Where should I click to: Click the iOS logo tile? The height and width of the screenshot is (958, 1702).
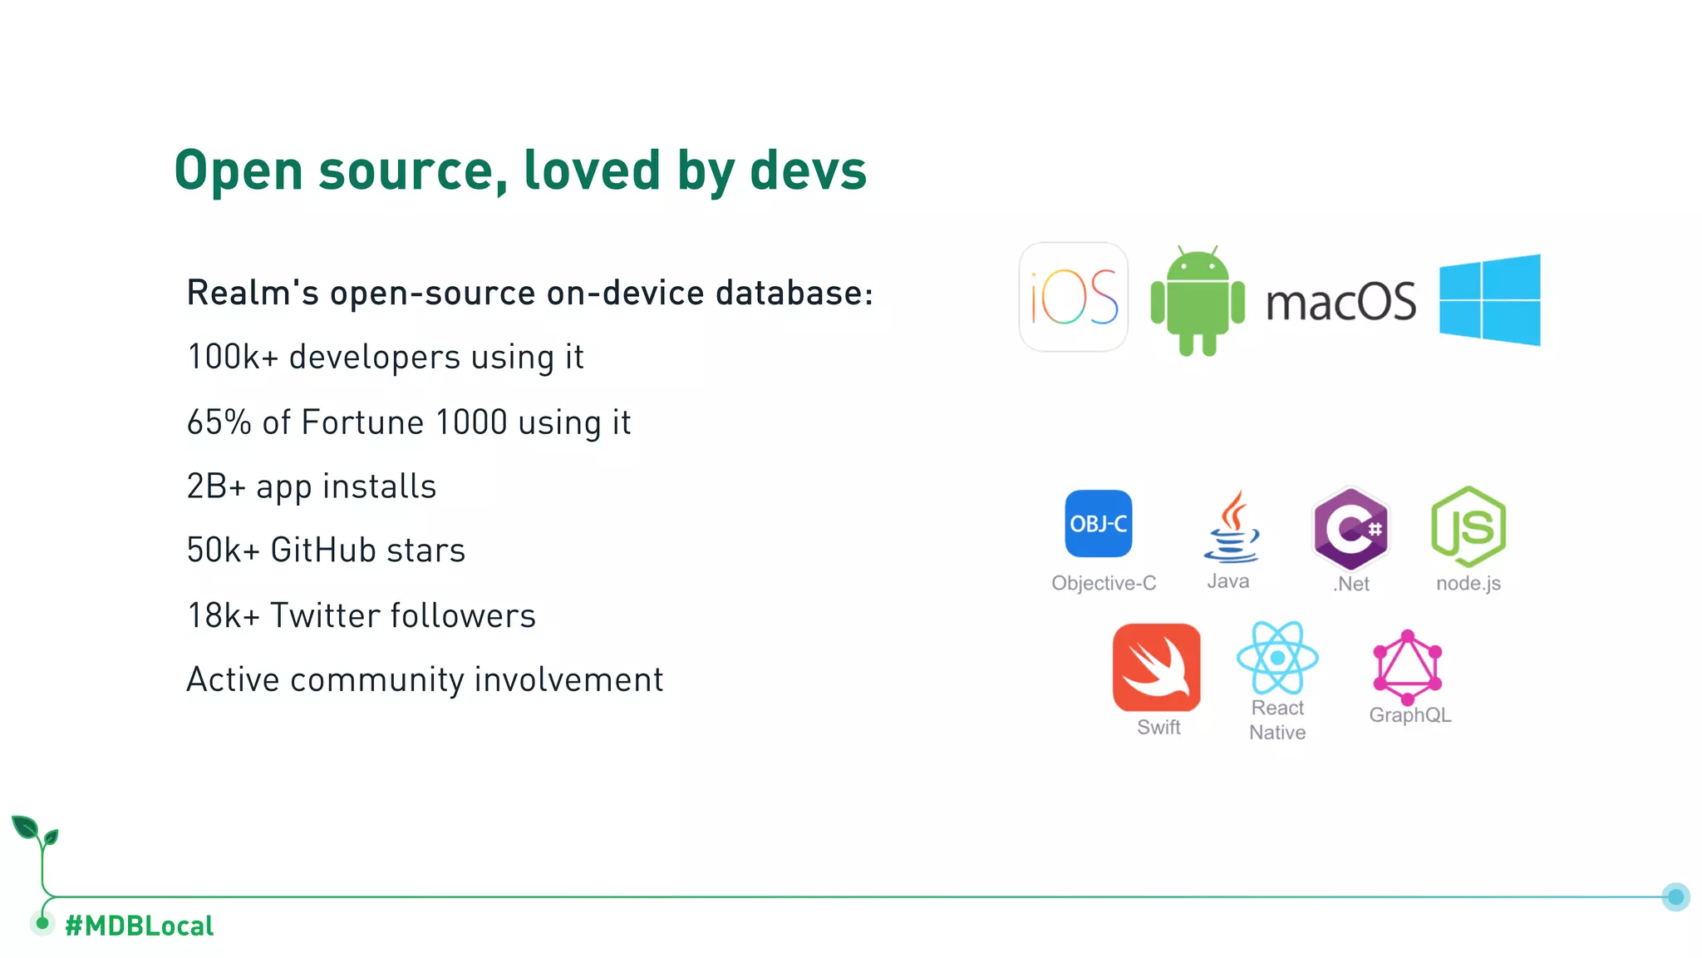coord(1073,297)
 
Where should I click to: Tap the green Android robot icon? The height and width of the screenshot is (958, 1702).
coord(1198,300)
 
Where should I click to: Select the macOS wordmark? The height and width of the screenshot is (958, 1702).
coord(1340,301)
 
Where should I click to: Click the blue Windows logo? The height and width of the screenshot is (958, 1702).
coord(1490,299)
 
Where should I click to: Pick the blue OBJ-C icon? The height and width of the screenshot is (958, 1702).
coord(1098,523)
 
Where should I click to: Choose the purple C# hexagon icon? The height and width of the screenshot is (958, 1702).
coord(1350,528)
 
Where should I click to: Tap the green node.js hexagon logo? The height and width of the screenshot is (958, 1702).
coord(1468,526)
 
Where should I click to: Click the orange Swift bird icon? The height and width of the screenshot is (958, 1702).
coord(1156,667)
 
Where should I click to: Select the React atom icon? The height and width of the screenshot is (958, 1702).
coord(1277,658)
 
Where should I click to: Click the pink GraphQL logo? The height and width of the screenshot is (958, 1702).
coord(1407,667)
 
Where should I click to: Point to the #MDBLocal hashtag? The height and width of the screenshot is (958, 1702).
coord(139,926)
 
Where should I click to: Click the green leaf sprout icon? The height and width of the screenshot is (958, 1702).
coord(34,832)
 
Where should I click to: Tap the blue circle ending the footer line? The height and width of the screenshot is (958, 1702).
coord(1675,896)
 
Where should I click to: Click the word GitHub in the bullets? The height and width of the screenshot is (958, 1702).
coord(322,551)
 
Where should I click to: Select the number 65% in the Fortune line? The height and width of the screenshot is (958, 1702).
coord(219,422)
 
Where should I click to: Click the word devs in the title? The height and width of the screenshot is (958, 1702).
coord(808,170)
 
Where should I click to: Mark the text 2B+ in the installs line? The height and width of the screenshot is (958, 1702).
coord(216,486)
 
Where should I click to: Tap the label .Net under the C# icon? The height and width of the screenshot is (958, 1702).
coord(1351,584)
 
